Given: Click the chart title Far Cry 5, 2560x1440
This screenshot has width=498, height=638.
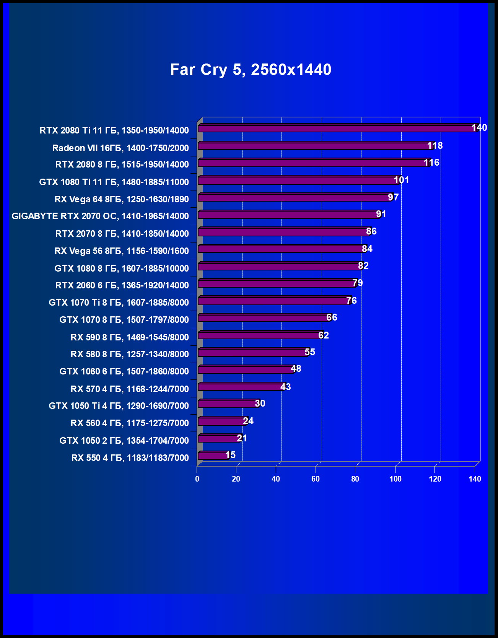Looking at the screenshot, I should (x=251, y=70).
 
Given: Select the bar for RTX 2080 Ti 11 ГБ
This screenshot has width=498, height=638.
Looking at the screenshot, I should (x=337, y=129).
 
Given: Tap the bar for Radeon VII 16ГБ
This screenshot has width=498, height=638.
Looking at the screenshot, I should (x=314, y=146).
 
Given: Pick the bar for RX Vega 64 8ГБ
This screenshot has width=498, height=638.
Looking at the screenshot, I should (x=295, y=197).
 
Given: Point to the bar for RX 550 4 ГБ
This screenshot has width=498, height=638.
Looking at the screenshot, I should (x=213, y=456).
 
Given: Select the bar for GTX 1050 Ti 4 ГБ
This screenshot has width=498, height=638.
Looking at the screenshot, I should (x=228, y=404).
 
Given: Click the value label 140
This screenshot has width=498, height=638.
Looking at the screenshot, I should (x=479, y=128).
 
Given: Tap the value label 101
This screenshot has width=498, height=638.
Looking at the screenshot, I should (x=401, y=180).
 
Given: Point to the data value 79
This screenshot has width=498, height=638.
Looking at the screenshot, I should (x=357, y=283).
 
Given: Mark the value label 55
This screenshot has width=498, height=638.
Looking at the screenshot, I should (x=310, y=352).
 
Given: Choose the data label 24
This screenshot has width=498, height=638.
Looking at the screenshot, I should (x=248, y=421).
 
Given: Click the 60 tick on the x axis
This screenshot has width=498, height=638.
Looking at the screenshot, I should (x=316, y=479).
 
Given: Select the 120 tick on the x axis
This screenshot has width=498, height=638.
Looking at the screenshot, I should (x=435, y=479).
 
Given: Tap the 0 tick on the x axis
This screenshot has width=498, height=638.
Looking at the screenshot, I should (x=197, y=479).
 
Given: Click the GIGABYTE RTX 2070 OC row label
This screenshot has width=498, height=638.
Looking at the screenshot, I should (x=100, y=216).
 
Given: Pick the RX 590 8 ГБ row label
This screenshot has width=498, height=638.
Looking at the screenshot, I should (x=130, y=337).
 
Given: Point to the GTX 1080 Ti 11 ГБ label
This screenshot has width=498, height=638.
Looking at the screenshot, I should (x=114, y=182).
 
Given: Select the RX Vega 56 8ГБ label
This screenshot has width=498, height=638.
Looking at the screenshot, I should (x=122, y=251).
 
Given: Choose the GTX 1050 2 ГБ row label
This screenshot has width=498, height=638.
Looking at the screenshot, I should (x=124, y=441).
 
